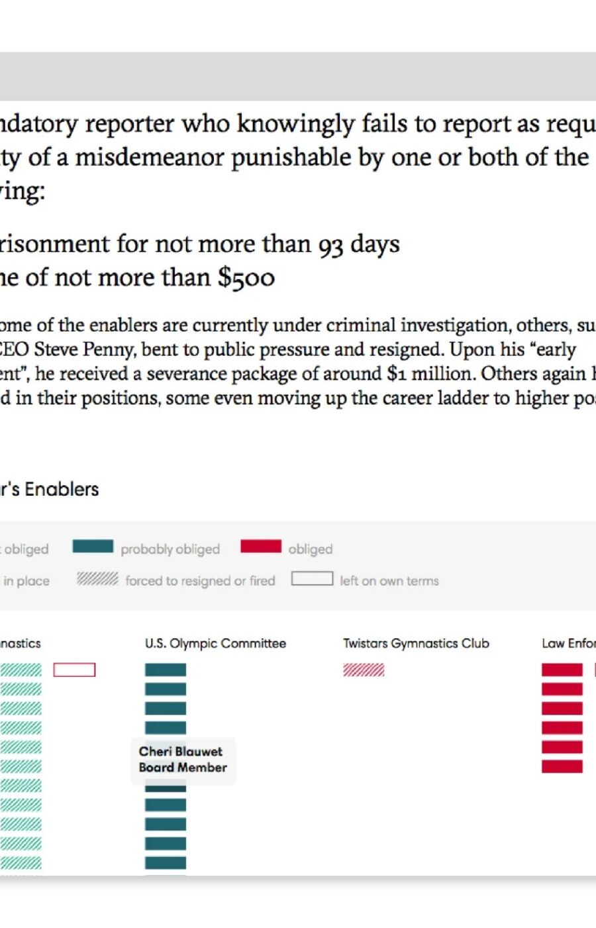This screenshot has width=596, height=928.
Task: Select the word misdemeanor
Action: coord(148,158)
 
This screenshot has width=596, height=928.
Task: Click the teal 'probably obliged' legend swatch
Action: coord(93,546)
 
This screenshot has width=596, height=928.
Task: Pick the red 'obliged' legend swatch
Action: coord(261,546)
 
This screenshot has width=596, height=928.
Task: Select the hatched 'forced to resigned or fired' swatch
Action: coord(97,579)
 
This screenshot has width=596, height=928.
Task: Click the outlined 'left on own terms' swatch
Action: coord(312,579)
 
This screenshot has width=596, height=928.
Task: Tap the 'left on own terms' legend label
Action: coord(389,581)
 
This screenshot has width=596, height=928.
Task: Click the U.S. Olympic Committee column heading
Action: coord(215,643)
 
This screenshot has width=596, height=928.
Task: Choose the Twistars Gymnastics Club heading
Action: coord(416,643)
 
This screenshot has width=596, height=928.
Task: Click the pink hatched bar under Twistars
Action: coord(364,670)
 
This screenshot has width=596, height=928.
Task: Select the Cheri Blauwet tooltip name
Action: coord(180,752)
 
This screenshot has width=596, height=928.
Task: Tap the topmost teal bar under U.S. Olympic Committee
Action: coord(166,669)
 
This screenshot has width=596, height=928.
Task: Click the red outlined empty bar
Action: coord(74,670)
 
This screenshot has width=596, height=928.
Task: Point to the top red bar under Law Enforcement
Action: coord(562,669)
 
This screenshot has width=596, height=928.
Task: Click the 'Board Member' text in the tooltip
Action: coord(183,768)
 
